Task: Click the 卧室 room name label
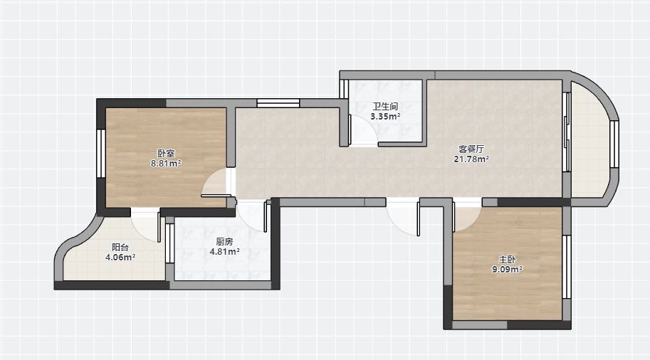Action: click(x=166, y=153)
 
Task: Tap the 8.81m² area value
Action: click(x=166, y=163)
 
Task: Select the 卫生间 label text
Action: click(x=385, y=107)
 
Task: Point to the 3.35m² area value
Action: click(x=385, y=117)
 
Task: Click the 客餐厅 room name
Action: click(x=471, y=149)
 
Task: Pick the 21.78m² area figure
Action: click(x=471, y=159)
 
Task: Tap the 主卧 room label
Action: click(x=507, y=260)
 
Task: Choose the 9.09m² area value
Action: click(x=507, y=270)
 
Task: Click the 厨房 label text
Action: click(x=225, y=241)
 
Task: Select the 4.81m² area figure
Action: click(x=225, y=251)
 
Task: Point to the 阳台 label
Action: click(x=120, y=248)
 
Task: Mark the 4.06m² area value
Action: click(x=120, y=258)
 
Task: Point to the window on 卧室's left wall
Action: click(x=100, y=154)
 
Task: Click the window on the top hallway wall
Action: click(x=278, y=103)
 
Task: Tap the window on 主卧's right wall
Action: click(x=567, y=267)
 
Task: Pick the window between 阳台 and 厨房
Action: click(x=169, y=243)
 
